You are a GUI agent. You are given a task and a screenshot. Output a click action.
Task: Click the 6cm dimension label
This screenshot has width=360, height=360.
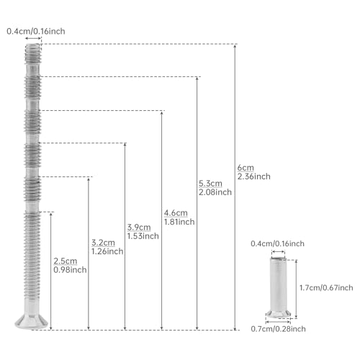(246, 168)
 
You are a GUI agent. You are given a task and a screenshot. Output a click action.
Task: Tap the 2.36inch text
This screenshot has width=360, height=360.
(254, 176)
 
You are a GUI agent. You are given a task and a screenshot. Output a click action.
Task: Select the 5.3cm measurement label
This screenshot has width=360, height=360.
(210, 184)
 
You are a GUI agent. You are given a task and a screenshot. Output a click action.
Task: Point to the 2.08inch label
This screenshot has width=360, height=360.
(215, 192)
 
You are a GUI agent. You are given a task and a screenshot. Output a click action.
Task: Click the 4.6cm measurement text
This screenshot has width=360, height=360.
(176, 213)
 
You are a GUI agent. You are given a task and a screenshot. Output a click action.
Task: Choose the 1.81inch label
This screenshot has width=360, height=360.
(179, 222)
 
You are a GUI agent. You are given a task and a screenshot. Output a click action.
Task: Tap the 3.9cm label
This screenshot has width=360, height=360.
(139, 227)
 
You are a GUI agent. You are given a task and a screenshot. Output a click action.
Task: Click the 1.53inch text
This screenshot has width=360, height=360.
(143, 236)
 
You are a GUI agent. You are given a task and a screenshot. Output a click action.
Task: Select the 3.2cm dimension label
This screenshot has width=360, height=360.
(103, 243)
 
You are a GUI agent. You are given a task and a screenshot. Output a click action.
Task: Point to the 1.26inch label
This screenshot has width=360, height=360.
(107, 251)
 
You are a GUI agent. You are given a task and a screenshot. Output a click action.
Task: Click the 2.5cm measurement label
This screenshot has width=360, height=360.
(66, 261)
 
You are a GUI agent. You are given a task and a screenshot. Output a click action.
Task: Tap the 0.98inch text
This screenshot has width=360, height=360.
(70, 270)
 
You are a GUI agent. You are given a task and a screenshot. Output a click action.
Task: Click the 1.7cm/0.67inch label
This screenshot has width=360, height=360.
(326, 287)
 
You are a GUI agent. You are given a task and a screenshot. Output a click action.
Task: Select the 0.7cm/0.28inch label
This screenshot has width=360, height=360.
(278, 329)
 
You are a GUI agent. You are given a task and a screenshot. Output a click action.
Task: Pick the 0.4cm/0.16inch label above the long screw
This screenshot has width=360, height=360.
(36, 31)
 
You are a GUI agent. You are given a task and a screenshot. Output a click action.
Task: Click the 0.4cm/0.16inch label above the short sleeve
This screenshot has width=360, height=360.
(277, 243)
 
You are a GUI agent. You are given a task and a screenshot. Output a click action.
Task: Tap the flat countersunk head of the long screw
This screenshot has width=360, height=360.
(32, 322)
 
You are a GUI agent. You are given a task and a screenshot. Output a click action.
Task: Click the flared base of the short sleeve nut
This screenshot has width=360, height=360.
(278, 313)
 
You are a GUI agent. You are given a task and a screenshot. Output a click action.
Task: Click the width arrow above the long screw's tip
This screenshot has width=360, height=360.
(33, 38)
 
